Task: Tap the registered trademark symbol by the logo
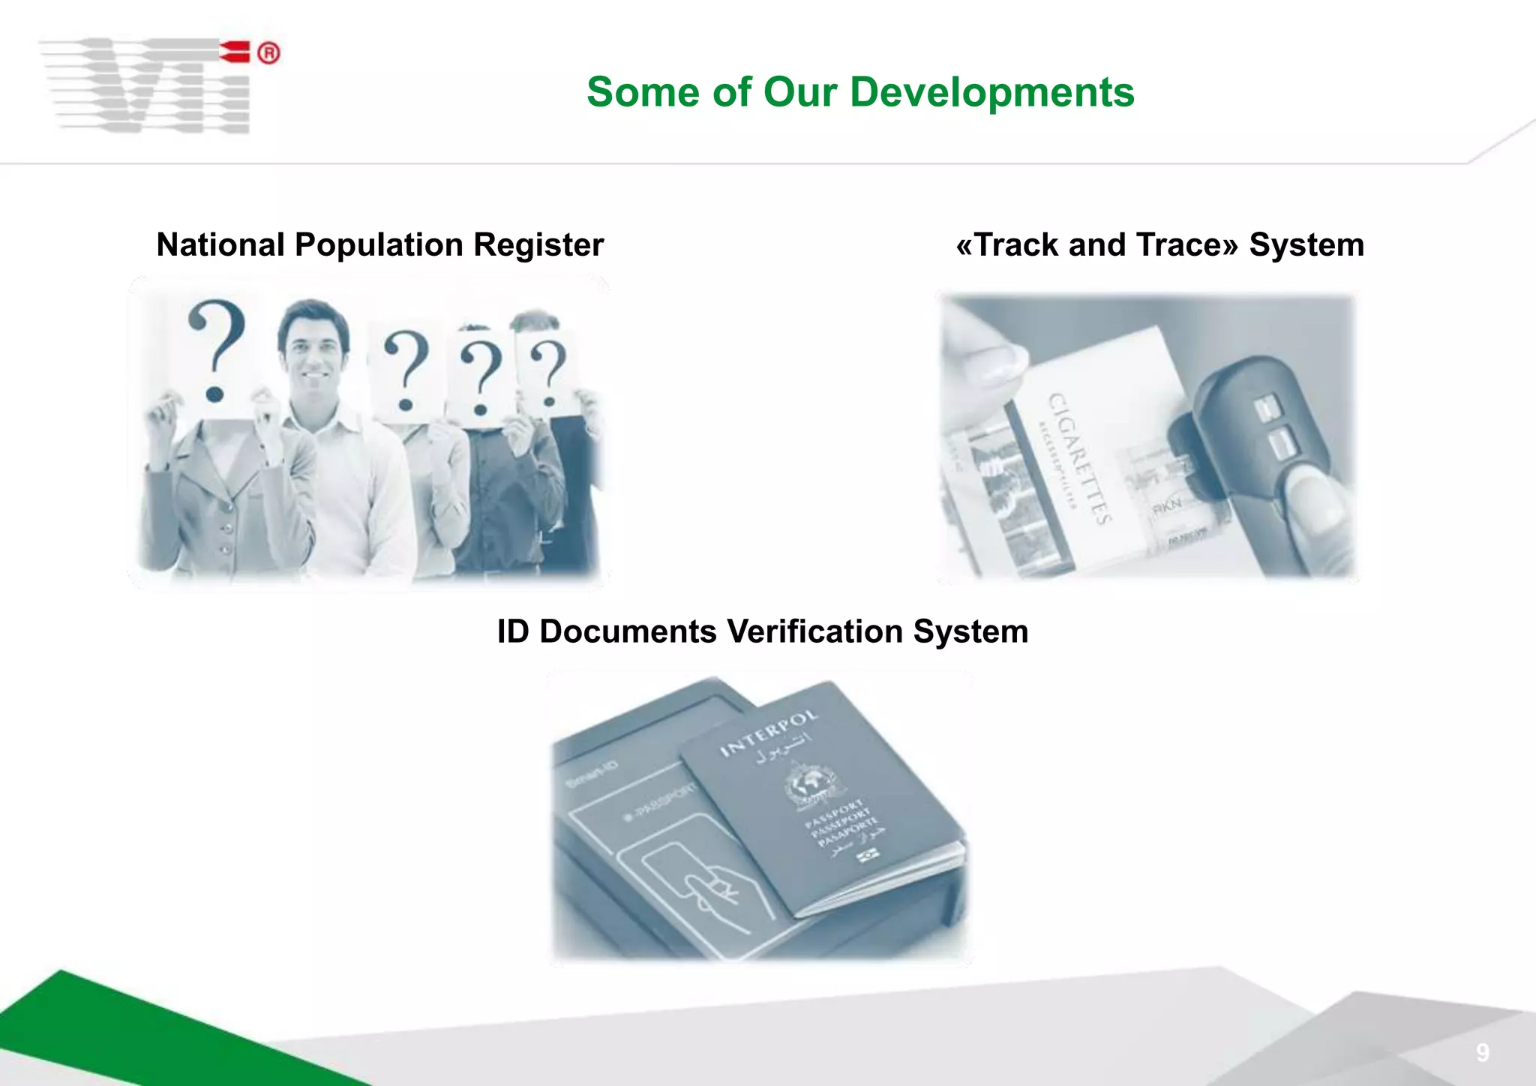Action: point(268,54)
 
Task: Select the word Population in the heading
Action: point(379,245)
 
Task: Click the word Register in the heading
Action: point(538,245)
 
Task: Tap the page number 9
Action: point(1482,1053)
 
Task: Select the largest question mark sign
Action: point(216,349)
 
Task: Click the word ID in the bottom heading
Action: point(513,631)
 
